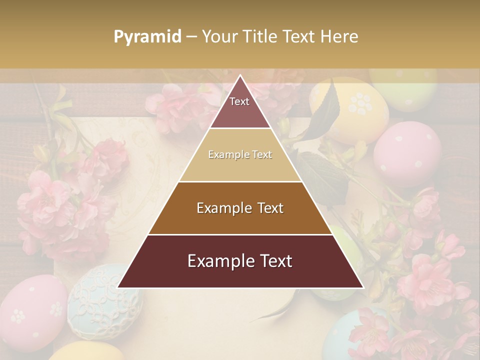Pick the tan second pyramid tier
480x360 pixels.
point(240,155)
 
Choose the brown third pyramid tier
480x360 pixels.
point(240,208)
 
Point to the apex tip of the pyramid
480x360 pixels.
point(240,76)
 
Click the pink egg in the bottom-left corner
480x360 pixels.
point(30,315)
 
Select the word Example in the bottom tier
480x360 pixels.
point(219,261)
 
